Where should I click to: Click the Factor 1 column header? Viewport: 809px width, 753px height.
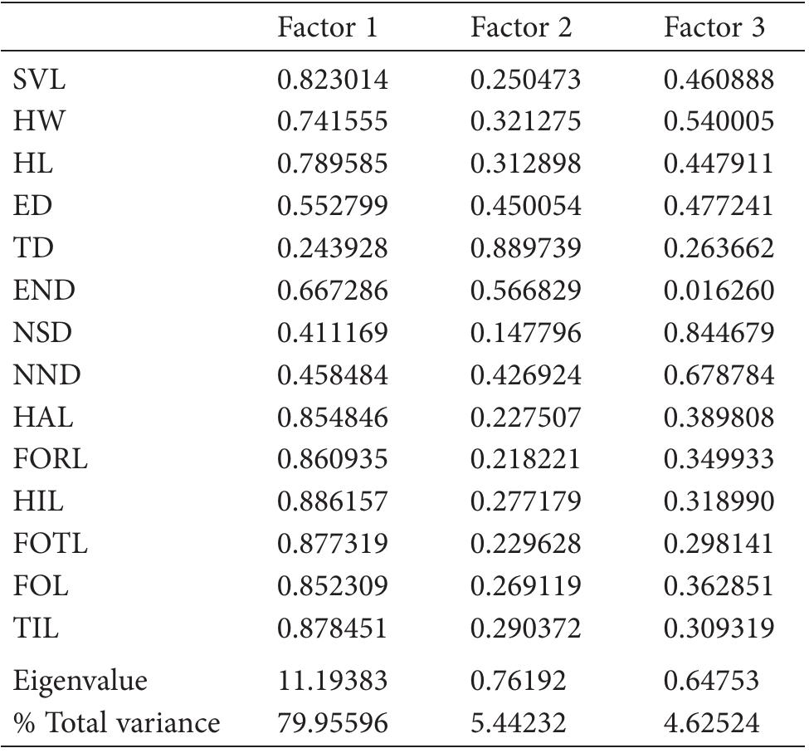tap(328, 29)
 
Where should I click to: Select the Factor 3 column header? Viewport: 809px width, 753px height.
tap(714, 29)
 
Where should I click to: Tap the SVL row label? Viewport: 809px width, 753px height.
tap(39, 81)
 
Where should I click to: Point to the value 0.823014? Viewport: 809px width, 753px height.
tap(333, 81)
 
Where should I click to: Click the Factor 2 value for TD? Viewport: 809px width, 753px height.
tap(525, 248)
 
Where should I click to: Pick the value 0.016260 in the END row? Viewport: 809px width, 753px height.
tap(719, 291)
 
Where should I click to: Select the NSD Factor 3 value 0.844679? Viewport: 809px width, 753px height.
tap(719, 333)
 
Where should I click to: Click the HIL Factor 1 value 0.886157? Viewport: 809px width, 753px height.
tap(333, 501)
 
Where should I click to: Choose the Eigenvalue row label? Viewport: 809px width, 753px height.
tap(80, 681)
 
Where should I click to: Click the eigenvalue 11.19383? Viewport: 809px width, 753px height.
tap(333, 681)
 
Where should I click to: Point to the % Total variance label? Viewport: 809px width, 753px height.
tap(116, 723)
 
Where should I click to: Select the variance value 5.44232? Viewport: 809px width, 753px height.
tap(519, 723)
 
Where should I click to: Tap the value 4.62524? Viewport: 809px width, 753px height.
tap(712, 723)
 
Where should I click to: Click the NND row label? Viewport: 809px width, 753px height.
tap(47, 375)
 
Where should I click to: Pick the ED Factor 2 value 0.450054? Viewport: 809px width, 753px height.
tap(525, 207)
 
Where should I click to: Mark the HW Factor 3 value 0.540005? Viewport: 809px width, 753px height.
tap(719, 122)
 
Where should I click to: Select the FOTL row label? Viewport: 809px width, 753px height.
tap(51, 544)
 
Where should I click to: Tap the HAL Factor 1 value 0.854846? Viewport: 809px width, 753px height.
tap(333, 418)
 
